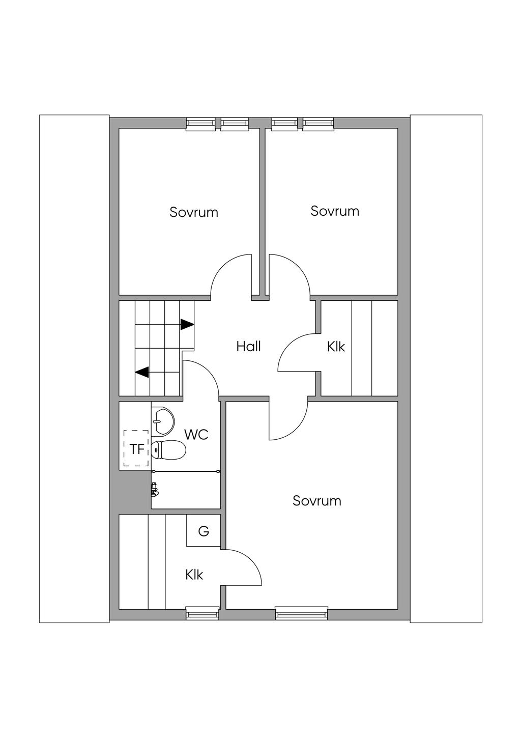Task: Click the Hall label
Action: (x=248, y=347)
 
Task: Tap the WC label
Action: (x=196, y=435)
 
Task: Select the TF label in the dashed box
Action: (x=137, y=449)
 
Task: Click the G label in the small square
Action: (x=204, y=531)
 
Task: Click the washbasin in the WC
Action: (x=162, y=420)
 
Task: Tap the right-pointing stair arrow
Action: (x=187, y=324)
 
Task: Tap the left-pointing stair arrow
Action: (x=142, y=372)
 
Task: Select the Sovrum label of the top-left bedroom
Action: (x=194, y=212)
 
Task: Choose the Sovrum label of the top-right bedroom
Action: (x=335, y=211)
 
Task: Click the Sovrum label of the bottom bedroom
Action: (x=316, y=501)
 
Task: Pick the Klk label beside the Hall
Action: (x=336, y=347)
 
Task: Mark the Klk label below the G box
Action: (x=194, y=575)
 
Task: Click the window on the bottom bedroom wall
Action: (x=301, y=613)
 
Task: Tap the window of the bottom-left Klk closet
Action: (x=202, y=613)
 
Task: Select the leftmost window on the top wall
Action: (x=200, y=124)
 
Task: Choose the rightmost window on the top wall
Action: (x=319, y=124)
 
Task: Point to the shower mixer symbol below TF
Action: (x=155, y=490)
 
